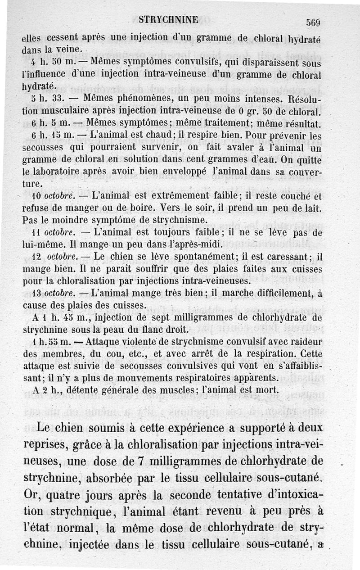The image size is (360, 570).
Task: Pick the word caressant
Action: pyautogui.click(x=285, y=257)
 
